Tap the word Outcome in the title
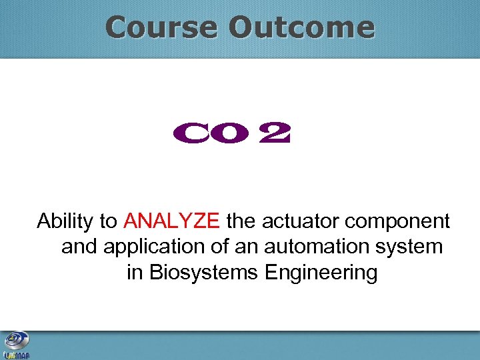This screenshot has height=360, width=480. [301, 28]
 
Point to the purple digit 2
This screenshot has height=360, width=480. [275, 135]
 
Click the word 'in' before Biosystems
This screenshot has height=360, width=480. [134, 273]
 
